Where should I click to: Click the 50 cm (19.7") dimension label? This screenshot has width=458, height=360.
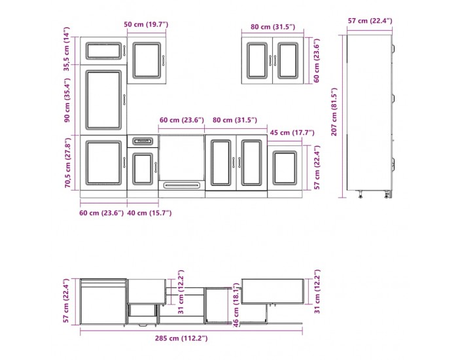[146, 24]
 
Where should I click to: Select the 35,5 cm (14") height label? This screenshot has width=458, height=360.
[67, 49]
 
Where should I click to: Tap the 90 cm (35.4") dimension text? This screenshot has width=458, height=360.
[67, 100]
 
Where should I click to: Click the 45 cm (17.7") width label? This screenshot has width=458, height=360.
[292, 133]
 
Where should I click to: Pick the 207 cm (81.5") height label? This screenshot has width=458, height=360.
[334, 112]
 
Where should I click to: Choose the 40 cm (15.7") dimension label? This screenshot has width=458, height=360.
[149, 213]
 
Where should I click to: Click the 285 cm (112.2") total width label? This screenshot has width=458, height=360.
[181, 338]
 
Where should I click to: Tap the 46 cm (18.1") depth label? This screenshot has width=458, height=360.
[236, 305]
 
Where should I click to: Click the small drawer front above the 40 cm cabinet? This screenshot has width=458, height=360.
[143, 141]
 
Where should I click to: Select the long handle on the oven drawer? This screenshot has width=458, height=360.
[182, 185]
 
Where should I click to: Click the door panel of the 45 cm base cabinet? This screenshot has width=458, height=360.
[285, 168]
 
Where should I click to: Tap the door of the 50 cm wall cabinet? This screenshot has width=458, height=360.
[147, 60]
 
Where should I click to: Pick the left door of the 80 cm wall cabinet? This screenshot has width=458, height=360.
[257, 60]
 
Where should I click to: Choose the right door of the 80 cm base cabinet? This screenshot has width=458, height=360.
[251, 162]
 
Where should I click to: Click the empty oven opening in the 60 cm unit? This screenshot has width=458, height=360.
[182, 158]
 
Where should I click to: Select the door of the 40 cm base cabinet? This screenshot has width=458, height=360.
[143, 169]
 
